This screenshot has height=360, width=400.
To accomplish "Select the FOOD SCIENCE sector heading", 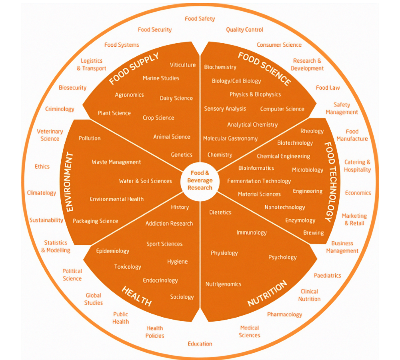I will point(264,68).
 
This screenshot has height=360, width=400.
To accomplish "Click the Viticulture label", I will point(183,65).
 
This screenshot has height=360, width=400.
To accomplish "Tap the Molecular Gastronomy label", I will point(230,138).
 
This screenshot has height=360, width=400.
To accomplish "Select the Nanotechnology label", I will point(285,207).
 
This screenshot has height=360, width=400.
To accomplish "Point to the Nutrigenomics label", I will point(223,284).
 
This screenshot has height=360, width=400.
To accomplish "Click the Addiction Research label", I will point(169,224).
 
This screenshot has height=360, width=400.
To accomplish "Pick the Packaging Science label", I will point(95,221).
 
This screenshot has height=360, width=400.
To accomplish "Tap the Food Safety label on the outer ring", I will point(200,19).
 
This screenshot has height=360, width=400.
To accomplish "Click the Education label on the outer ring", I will point(200,344).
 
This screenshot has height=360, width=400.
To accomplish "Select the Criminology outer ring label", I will point(60,109).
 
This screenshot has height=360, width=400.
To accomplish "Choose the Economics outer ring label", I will point(358,193).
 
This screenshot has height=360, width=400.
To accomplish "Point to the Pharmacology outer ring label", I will point(284,314).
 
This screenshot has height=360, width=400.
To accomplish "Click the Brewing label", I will point(314,233).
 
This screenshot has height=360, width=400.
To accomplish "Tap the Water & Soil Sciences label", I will point(145,181).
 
